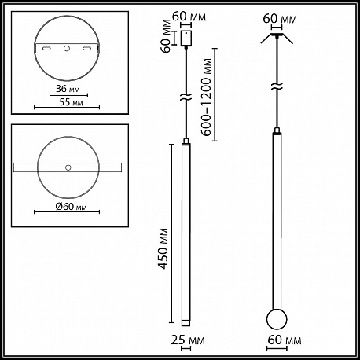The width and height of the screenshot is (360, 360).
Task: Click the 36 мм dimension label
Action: pos(68,89)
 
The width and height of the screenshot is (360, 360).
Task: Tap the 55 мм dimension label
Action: pos(71,102)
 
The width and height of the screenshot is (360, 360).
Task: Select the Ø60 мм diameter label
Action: pos(71,207)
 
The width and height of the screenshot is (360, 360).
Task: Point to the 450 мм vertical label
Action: pos(163,248)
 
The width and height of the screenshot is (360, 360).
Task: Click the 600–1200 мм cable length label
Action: pos(207,97)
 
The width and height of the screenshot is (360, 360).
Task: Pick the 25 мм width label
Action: pos(188,340)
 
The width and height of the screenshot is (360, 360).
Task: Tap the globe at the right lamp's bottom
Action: pos(277,319)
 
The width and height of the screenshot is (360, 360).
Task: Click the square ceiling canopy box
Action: pos(186,39)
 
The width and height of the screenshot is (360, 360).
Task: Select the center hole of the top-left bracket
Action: pos(67,48)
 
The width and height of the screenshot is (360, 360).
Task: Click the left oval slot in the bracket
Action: pos(47,49)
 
